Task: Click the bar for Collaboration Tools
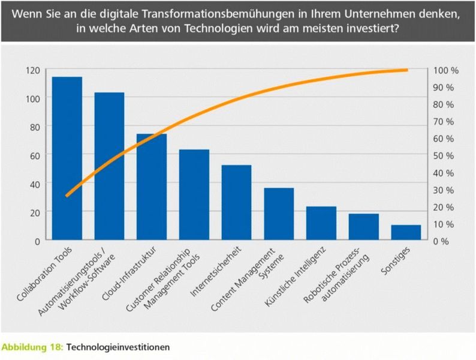(x=67, y=158)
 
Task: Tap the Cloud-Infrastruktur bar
(x=152, y=187)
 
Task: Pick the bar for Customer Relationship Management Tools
(x=194, y=195)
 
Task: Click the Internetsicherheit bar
(x=236, y=203)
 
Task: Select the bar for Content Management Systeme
(x=279, y=214)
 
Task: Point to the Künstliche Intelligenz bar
(x=321, y=223)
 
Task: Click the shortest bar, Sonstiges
(x=406, y=233)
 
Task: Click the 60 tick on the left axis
(x=34, y=155)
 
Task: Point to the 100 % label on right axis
(x=446, y=70)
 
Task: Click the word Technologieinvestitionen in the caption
(x=118, y=347)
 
